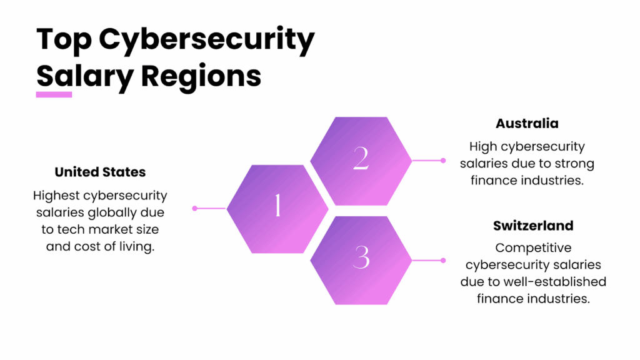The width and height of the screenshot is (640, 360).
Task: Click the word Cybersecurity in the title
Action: [x=207, y=41]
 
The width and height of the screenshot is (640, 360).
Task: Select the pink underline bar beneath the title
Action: [x=54, y=94]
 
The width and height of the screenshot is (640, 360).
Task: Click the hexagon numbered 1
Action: [x=277, y=207]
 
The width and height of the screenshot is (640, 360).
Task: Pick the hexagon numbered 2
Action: [x=361, y=160]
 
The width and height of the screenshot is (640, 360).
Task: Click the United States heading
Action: [x=100, y=172]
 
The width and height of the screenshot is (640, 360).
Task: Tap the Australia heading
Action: [x=527, y=123]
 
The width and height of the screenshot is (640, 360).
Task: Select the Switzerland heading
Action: [x=533, y=226]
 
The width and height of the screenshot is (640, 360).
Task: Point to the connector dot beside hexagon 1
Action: [x=195, y=208]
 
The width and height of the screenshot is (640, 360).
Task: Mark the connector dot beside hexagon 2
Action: [x=443, y=161]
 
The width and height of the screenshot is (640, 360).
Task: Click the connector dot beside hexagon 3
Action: [x=443, y=260]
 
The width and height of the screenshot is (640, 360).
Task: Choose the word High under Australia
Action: [x=484, y=147]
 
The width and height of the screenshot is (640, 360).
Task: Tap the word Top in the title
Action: [x=63, y=41]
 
